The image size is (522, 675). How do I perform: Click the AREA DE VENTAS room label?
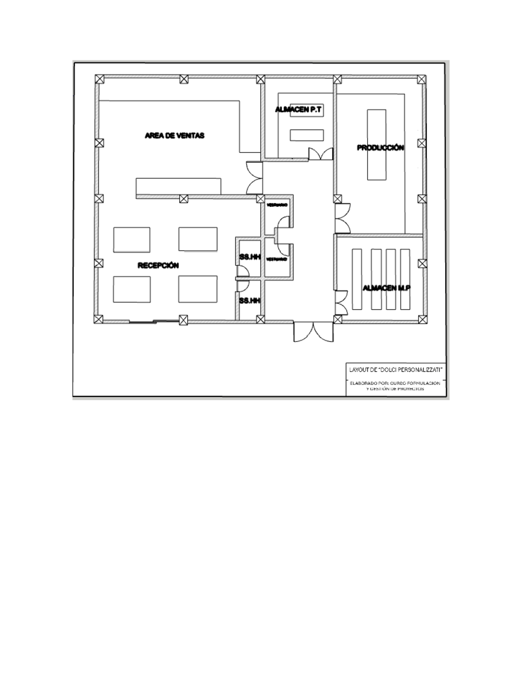[174, 136]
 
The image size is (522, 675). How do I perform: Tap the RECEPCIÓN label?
[158, 266]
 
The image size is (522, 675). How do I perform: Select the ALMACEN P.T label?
[299, 110]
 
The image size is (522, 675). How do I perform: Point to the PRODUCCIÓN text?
[381, 148]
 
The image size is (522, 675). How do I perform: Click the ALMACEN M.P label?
[387, 288]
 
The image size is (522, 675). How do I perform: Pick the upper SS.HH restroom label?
[250, 257]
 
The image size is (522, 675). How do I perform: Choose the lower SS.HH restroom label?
[250, 300]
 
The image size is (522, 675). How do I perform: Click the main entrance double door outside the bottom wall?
[313, 332]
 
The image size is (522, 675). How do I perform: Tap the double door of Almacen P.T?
[321, 154]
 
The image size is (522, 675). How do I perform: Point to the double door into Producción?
[342, 218]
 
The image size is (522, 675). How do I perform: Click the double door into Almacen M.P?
[341, 302]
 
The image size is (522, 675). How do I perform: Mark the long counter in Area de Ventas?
[178, 186]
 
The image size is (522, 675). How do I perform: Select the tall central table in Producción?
[376, 145]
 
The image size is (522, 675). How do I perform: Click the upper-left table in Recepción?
[132, 239]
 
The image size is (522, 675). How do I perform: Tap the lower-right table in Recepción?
[198, 289]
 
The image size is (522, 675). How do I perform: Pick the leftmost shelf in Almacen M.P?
[357, 279]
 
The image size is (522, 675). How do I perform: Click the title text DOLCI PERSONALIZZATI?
[395, 369]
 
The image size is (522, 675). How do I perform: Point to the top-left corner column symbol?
[100, 79]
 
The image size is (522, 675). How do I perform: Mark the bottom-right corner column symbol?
[422, 319]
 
